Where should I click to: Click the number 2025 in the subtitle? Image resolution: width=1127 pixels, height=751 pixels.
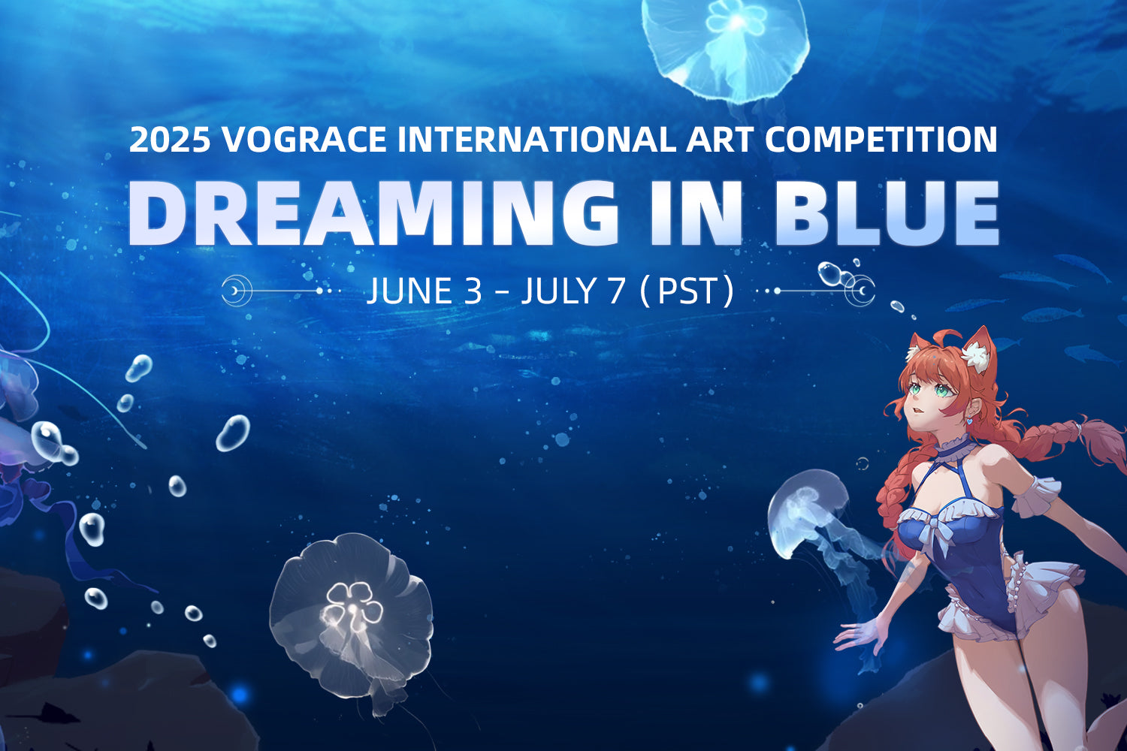coord(169,140)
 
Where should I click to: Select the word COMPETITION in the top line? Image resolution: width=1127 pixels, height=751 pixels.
coord(881,140)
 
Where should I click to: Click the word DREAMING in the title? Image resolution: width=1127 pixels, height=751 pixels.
coord(372,213)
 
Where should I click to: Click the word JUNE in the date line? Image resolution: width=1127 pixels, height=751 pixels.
coord(409,291)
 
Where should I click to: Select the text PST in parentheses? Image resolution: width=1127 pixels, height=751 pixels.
coord(687,291)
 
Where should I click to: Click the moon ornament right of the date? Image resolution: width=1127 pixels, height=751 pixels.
coord(861,290)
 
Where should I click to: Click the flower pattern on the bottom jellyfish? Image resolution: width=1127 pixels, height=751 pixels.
coord(353,605)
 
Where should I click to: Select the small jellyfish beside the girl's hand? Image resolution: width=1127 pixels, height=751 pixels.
coord(808,511)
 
